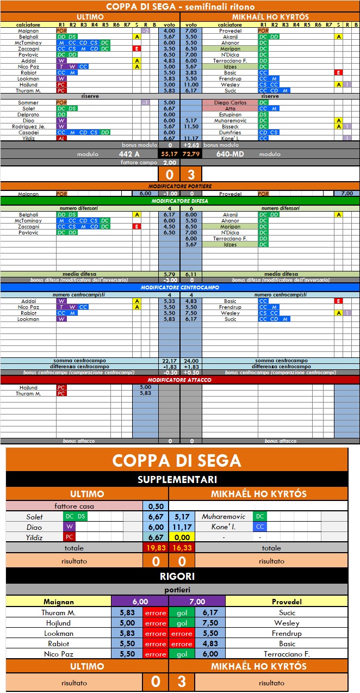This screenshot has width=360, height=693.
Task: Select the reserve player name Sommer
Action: (x=28, y=102)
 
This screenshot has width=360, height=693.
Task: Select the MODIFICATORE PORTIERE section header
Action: (x=180, y=186)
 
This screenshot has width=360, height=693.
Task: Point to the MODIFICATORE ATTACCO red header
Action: (x=180, y=380)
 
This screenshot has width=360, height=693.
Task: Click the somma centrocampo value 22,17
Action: (x=169, y=360)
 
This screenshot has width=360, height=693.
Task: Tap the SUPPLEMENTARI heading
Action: (x=177, y=480)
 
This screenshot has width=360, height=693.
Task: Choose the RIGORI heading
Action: (x=177, y=576)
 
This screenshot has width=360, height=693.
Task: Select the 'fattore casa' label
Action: (x=74, y=506)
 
